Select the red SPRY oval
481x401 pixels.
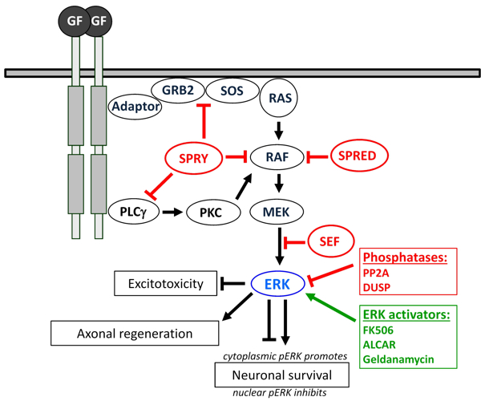click(x=194, y=158)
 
